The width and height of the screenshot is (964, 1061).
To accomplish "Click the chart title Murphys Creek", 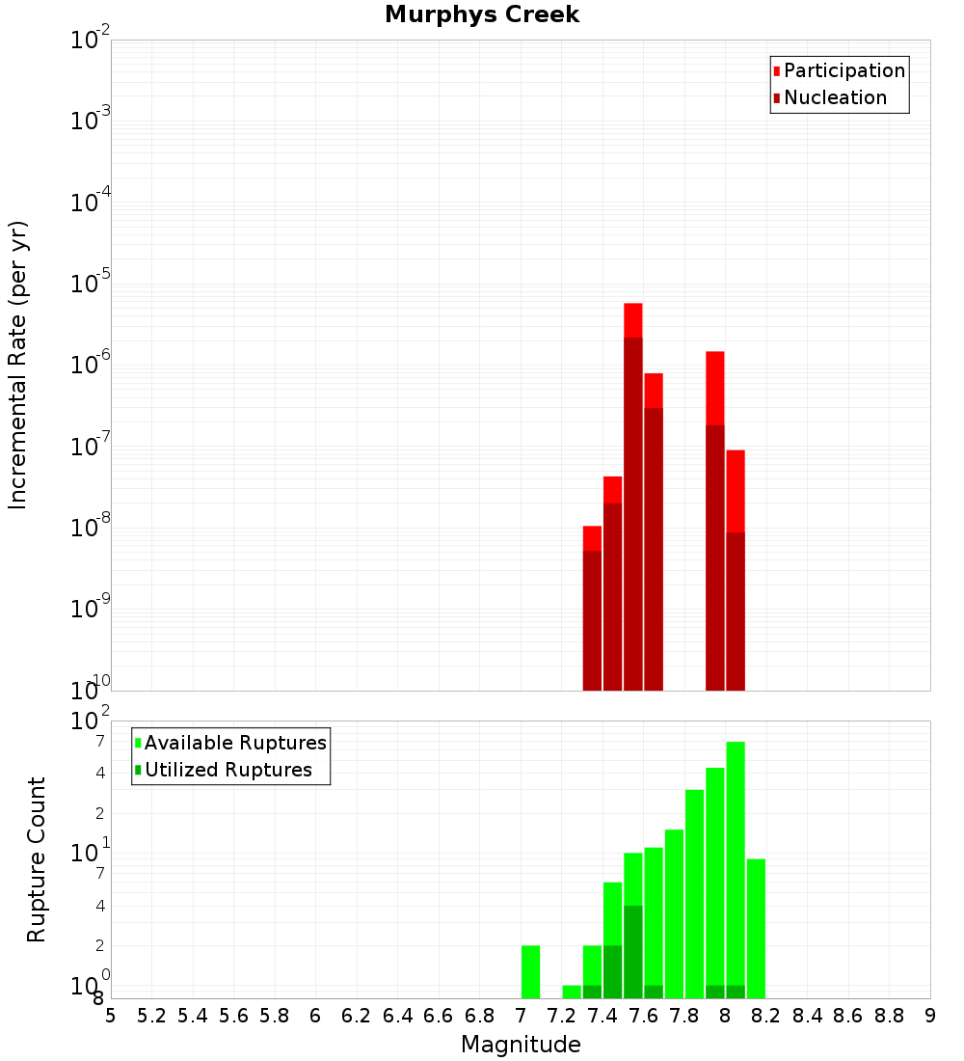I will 482,15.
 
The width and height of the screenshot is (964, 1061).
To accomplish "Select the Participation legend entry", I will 843,70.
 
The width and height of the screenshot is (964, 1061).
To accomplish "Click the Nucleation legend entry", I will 835,97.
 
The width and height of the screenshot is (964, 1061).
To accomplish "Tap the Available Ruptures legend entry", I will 235,743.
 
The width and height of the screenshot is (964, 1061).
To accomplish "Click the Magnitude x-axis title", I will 521,1045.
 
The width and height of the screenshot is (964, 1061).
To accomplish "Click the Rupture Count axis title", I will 37,858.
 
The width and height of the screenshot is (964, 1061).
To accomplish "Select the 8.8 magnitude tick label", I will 889,1016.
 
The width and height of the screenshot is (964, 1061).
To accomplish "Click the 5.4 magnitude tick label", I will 193,1016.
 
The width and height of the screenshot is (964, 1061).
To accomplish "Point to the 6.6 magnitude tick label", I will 439,1016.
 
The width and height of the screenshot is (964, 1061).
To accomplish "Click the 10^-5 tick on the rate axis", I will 91,284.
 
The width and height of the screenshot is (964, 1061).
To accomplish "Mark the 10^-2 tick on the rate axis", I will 91,41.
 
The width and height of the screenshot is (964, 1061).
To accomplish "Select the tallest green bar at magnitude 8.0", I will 736,868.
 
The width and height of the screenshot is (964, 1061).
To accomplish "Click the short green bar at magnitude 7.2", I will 572,992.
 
